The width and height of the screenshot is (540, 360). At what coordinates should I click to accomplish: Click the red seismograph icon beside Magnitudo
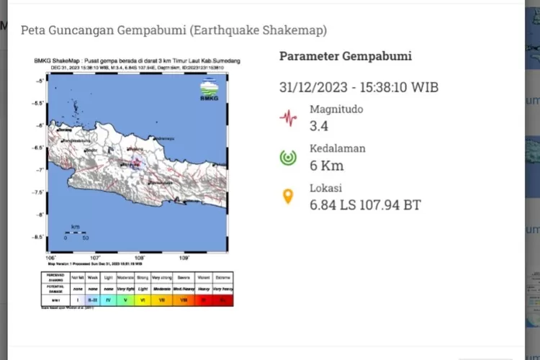289,117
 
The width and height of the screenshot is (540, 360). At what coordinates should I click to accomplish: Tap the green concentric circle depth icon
289,158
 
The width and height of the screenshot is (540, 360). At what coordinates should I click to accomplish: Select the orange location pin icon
288,197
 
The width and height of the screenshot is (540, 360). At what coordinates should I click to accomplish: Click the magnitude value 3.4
319,127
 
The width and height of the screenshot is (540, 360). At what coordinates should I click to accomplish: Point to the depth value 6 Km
327,166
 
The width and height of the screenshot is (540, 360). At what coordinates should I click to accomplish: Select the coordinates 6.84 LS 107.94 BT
365,205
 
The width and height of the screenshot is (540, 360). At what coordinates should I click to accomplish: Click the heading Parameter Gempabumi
346,56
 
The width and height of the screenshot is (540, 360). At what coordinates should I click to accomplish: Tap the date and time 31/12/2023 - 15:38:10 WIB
359,88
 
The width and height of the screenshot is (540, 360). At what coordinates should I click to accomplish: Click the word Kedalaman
338,148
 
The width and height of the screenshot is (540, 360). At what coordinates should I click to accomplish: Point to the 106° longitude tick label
50,257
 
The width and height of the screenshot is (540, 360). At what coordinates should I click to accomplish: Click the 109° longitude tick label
184,257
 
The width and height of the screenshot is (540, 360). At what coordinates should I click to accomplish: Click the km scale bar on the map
75,232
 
